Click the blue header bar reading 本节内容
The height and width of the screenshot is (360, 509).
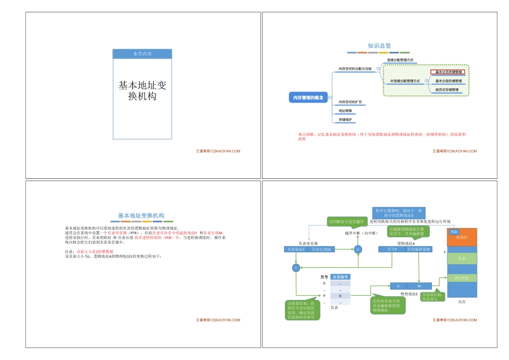[x=142, y=54]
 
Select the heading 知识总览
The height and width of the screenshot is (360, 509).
[x=379, y=46]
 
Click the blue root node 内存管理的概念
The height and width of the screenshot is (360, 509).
[x=308, y=97]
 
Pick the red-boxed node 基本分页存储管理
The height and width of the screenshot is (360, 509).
[x=449, y=72]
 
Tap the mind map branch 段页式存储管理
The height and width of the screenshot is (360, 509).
[x=447, y=89]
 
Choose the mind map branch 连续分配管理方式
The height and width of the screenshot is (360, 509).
[x=400, y=60]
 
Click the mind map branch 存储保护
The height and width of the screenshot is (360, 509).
[x=346, y=119]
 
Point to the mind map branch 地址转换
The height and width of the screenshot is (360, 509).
[x=346, y=111]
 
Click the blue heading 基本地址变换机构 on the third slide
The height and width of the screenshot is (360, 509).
[x=141, y=215]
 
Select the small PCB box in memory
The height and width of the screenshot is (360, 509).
[x=454, y=231]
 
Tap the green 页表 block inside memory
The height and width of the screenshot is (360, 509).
[x=461, y=259]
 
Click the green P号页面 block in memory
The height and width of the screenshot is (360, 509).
[x=461, y=278]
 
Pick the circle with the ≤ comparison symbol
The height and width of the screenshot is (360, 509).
[x=358, y=249]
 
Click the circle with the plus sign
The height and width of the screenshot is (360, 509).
[x=295, y=267]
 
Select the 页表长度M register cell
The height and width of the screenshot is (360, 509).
[x=321, y=249]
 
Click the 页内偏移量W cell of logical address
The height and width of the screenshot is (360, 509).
[x=418, y=249]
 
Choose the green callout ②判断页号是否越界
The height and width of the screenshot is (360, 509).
[x=346, y=221]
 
